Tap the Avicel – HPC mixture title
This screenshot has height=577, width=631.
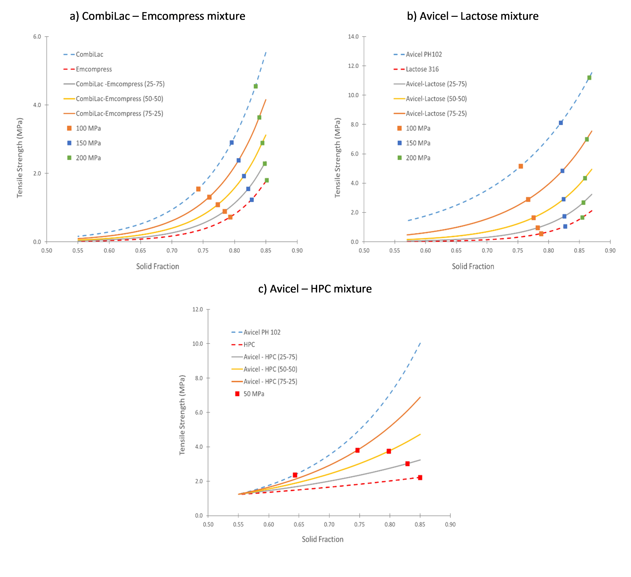coord(315,289)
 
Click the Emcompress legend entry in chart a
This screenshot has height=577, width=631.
coord(94,69)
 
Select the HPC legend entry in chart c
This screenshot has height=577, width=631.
coord(249,344)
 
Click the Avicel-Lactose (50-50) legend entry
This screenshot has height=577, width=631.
coord(436,99)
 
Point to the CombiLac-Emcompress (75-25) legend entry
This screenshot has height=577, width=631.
coord(119,113)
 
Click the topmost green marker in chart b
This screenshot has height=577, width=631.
coord(589,78)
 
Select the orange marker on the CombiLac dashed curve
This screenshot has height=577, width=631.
coord(198,189)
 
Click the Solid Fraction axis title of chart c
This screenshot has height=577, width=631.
coord(322,539)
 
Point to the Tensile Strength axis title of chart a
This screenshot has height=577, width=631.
coord(20,158)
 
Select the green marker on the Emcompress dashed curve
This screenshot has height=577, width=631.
coord(267,180)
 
